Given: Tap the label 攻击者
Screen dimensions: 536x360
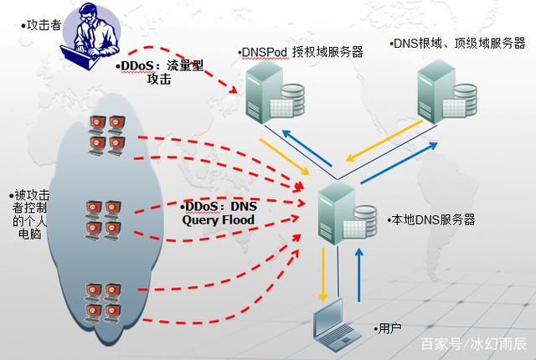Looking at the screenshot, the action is point(44,25).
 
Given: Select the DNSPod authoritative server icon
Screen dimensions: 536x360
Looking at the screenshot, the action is point(276,92).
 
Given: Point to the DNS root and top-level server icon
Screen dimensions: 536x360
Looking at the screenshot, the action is point(447,91).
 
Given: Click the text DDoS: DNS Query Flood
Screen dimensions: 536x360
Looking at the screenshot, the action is point(219,213).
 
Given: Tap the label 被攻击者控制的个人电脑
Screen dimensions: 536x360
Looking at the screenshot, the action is point(30,214).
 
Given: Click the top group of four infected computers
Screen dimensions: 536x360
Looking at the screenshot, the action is point(107,136).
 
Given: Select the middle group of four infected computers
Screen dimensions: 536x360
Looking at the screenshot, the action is point(103,221).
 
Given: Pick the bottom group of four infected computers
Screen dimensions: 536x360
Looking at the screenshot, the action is point(103,303).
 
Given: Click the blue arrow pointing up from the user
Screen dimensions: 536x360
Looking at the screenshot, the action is point(359,275).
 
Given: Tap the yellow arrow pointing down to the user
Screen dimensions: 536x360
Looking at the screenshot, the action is point(322,275).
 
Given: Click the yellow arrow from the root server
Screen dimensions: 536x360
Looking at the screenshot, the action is point(384,141).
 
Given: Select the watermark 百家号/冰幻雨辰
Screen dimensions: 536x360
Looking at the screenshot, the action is point(474,343).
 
